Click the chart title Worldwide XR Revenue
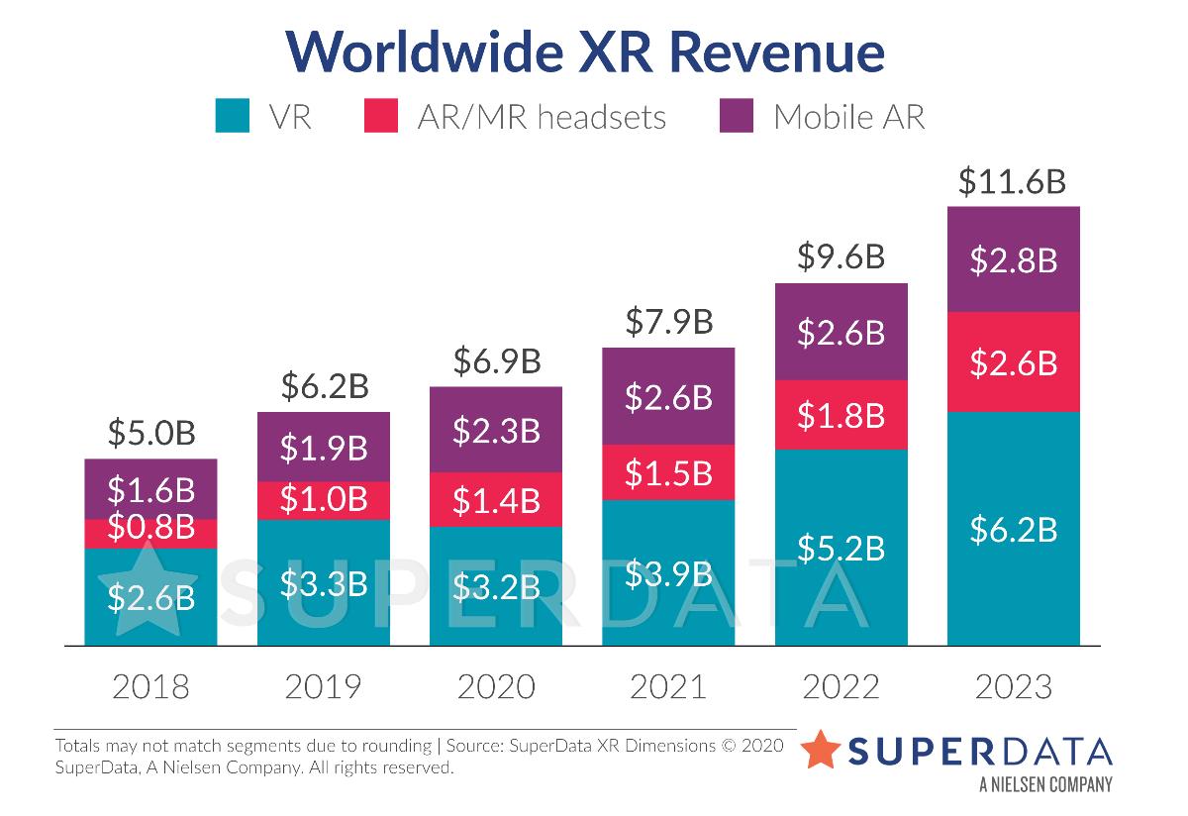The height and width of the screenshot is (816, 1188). coord(585,51)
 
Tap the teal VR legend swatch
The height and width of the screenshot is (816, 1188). coord(233,116)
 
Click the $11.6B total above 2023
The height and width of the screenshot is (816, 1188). coord(1012,182)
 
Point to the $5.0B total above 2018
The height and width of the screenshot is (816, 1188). coord(150,434)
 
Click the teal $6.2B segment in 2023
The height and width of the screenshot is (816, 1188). coord(1013,530)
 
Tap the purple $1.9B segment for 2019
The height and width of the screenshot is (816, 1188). coord(324,448)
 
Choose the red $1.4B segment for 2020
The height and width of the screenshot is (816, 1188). coord(496,500)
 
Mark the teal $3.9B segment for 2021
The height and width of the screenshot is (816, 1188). coord(668,573)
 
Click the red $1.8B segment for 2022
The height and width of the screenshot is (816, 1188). coord(841,415)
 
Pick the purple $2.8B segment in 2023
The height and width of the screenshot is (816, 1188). coord(1013,259)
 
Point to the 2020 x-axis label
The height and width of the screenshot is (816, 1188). coord(496,686)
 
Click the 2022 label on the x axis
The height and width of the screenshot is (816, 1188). coord(841,686)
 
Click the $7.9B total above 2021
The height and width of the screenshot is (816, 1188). coord(668,323)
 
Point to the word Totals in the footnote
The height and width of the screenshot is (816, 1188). coord(78,745)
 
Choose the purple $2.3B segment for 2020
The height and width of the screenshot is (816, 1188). coord(496,430)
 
